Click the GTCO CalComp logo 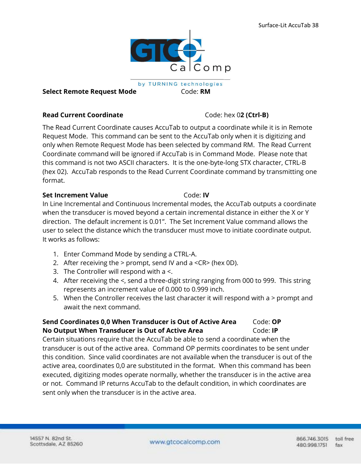pos(180,53)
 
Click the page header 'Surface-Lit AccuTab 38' pos(288,25)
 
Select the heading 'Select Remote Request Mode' pos(89,92)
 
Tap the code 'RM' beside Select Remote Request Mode pos(205,92)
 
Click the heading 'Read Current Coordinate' pos(82,115)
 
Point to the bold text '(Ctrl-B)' pos(257,115)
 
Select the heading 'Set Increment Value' pos(75,195)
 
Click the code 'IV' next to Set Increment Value pos(206,195)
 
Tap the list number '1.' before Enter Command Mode pos(56,254)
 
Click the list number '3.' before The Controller pos(56,272)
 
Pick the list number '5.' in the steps pos(56,298)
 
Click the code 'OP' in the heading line pos(276,322)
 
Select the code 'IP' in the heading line pos(275,330)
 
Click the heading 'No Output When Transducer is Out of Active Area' pos(123,330)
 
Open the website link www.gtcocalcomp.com pos(185,442)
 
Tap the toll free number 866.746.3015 pos(312,439)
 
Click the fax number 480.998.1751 pos(312,445)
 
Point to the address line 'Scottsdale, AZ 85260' pos(56,444)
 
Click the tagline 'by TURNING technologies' pos(180,84)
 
